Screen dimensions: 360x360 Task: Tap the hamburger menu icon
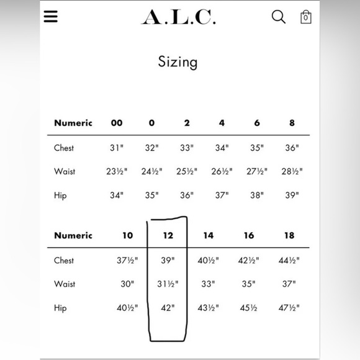(x=51, y=16)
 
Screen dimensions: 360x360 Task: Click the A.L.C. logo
(x=179, y=17)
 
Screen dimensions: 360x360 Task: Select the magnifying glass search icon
(x=279, y=17)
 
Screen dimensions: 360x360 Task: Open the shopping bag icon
(x=305, y=17)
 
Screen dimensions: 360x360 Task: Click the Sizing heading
(x=178, y=62)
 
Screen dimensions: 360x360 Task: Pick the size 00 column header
(x=117, y=123)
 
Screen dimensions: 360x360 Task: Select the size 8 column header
(x=292, y=123)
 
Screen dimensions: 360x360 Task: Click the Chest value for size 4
(x=222, y=148)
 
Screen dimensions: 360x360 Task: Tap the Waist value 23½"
(x=117, y=172)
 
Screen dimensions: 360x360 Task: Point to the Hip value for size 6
(x=256, y=196)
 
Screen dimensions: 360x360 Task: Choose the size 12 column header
(x=168, y=236)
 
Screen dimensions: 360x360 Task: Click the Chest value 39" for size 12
(x=168, y=261)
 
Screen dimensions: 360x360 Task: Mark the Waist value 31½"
(x=168, y=284)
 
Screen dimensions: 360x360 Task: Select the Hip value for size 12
(x=168, y=308)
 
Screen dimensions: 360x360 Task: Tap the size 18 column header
(x=289, y=236)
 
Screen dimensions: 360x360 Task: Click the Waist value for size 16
(x=248, y=284)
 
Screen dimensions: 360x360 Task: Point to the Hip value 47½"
(x=289, y=308)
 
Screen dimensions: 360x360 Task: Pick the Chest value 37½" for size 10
(x=127, y=261)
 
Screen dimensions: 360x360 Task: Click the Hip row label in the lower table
(x=60, y=308)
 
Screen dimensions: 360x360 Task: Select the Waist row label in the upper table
(x=65, y=172)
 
